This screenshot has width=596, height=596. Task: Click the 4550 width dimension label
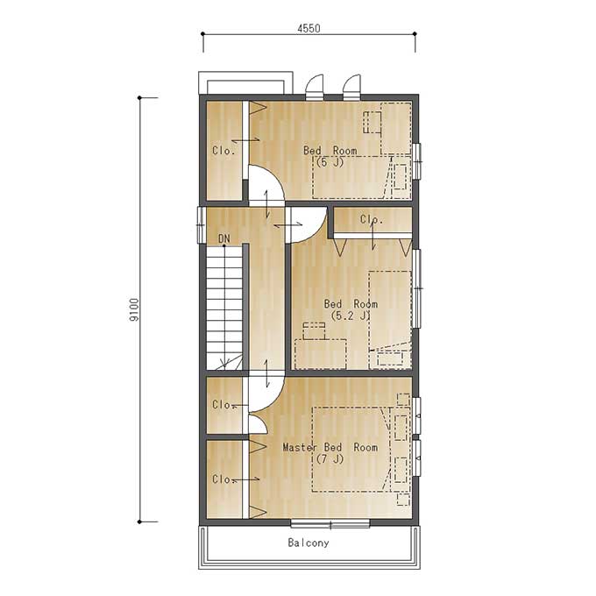coord(309,28)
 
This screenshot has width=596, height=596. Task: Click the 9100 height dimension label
coord(134,309)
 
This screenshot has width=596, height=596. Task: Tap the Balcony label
coord(309,543)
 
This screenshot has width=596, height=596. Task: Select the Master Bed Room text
coord(330,447)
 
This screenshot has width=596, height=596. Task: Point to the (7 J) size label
coord(330,459)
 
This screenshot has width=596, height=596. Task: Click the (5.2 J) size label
coord(351,316)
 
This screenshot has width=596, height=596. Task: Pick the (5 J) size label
coord(330,162)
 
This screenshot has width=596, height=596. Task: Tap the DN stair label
coord(224,238)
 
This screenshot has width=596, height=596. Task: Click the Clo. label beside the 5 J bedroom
coord(223,151)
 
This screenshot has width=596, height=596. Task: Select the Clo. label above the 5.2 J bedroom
coord(372,219)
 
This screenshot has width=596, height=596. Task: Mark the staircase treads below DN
coord(224,308)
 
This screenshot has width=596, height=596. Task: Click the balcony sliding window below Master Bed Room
coord(330,524)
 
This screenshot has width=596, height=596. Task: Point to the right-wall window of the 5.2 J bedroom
coord(416,288)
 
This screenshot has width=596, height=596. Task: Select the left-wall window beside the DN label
coord(202,225)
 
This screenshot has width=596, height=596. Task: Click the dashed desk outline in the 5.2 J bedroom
coord(321,354)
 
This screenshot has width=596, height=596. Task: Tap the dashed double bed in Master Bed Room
coord(351,450)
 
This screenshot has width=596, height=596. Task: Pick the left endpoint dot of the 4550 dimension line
coord(203,34)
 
